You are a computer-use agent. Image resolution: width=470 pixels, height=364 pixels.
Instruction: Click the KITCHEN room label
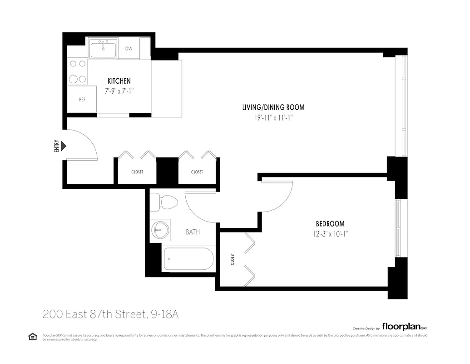point(119,81)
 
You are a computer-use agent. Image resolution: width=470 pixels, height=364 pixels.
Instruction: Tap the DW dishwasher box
point(129,49)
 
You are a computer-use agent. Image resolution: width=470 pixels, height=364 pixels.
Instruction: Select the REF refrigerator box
point(82,100)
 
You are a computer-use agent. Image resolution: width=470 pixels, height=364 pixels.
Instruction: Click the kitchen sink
point(104,48)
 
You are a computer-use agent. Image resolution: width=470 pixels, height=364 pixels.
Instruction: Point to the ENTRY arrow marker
point(64,146)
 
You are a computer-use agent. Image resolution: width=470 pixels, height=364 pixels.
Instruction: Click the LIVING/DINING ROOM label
point(273,107)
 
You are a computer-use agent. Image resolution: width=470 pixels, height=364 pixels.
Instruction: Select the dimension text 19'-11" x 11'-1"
point(273,117)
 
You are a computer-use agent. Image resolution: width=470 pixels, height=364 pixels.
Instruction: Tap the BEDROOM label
point(330,224)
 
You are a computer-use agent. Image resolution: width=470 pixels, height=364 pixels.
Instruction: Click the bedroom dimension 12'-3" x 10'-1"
point(330,234)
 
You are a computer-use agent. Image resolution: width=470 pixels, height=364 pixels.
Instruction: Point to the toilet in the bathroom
point(163,202)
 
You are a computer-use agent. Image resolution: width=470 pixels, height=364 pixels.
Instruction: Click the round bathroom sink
point(159,230)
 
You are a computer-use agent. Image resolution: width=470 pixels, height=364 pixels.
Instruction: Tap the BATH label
point(193,232)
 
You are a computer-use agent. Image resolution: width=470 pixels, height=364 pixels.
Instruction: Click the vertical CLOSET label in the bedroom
point(233,259)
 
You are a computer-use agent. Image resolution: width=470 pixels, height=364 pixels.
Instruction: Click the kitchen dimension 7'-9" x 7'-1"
point(119,91)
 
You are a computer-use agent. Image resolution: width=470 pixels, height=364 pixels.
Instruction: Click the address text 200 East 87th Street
point(94,314)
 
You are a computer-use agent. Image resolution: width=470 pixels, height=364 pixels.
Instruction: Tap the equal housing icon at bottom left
point(32,337)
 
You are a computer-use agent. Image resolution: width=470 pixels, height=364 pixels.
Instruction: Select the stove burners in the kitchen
point(77,72)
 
